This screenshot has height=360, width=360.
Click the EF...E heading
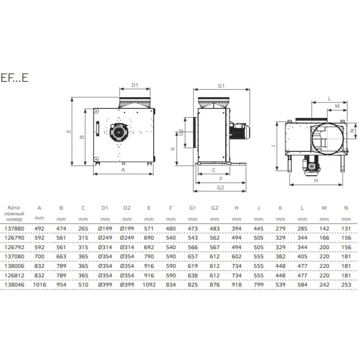[x=14, y=77]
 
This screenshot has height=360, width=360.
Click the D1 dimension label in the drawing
[x=135, y=85]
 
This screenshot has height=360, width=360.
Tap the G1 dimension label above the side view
[x=221, y=86]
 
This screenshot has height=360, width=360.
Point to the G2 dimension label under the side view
[x=220, y=188]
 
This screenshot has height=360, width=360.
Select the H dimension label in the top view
[x=316, y=181]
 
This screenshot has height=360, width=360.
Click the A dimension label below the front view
[x=123, y=170]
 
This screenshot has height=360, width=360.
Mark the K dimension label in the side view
[x=173, y=149]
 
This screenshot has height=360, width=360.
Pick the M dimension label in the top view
[x=337, y=106]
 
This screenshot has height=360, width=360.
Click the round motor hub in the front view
[x=118, y=132]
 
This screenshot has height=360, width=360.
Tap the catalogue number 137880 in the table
[x=14, y=229]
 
